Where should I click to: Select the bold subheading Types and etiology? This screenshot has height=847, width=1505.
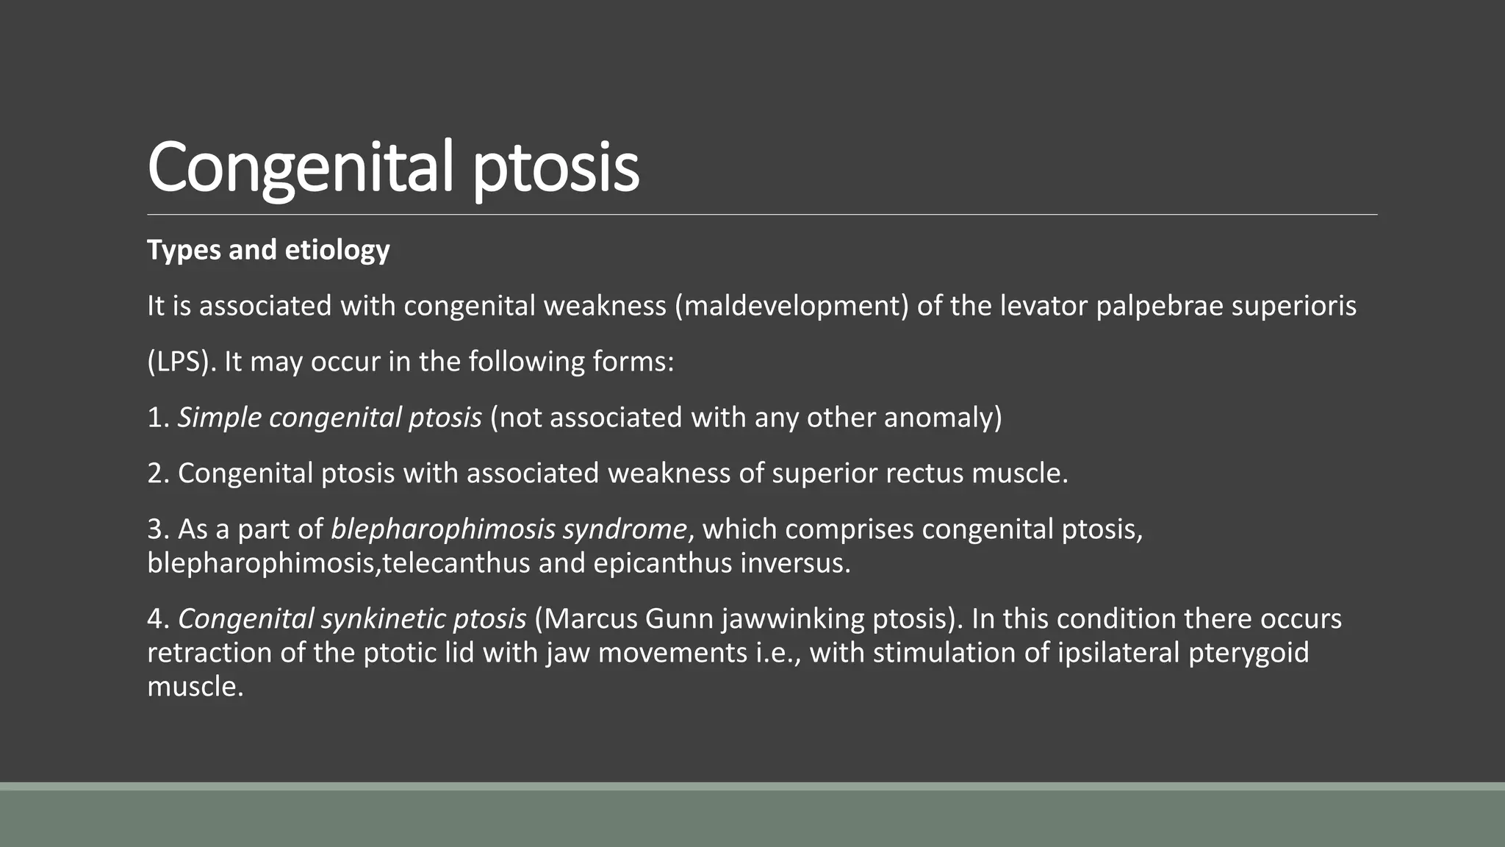coord(268,250)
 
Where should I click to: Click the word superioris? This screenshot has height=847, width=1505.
coord(1293,306)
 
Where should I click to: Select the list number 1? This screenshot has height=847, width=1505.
coord(157,418)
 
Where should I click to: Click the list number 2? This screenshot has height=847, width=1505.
coord(158,473)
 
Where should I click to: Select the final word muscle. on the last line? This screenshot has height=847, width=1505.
coord(195,687)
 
